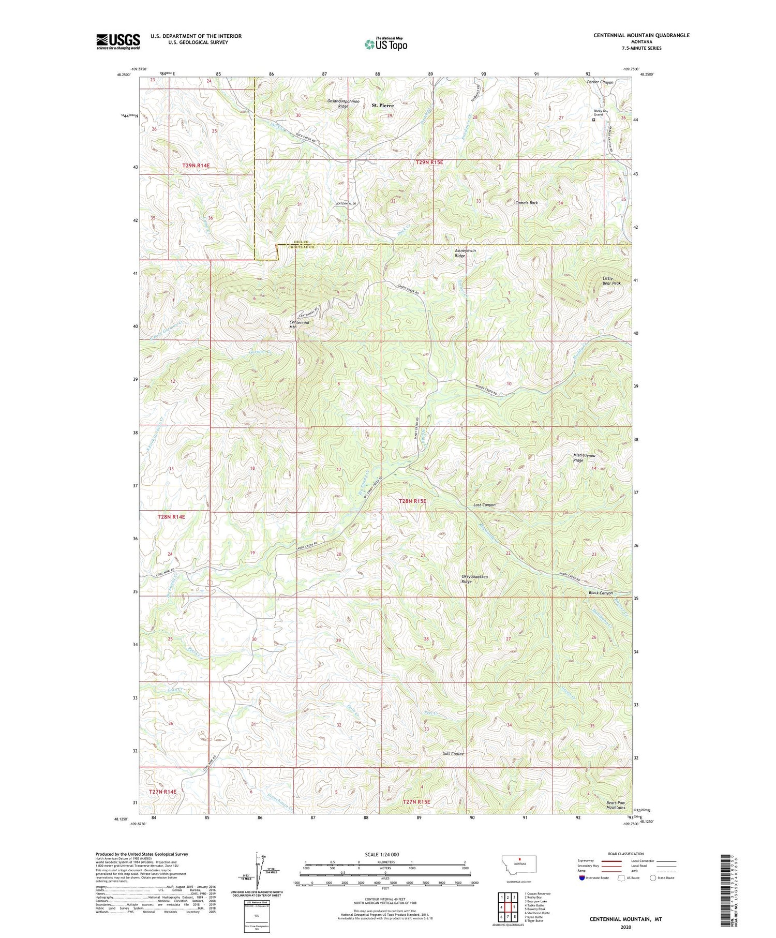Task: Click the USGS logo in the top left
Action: tap(118, 41)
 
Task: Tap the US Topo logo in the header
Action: tap(386, 44)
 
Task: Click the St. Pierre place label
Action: tap(383, 105)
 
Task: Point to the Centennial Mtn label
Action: tap(299, 324)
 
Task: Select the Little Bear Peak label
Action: tap(610, 281)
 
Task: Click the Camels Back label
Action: tap(527, 203)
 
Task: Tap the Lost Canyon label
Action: tap(484, 504)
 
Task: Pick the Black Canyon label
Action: tap(600, 593)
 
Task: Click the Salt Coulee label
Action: tap(453, 754)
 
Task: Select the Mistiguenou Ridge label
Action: tap(584, 457)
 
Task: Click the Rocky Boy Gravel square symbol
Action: tap(593, 120)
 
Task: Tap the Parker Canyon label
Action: tap(600, 82)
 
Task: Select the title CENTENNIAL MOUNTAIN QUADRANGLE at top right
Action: tap(641, 35)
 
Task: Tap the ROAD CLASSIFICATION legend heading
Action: tap(626, 854)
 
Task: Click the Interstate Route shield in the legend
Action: tap(582, 878)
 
